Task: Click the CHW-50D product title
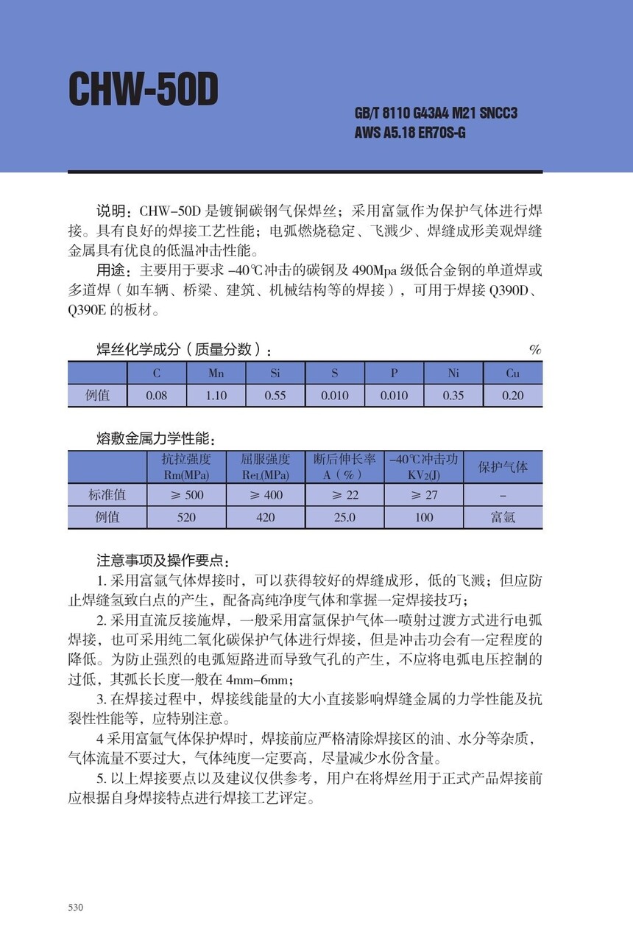pyautogui.click(x=144, y=91)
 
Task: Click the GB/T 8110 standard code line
pyautogui.click(x=436, y=113)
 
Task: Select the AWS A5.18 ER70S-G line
pyautogui.click(x=410, y=133)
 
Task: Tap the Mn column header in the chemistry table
pyautogui.click(x=216, y=373)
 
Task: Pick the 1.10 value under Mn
pyautogui.click(x=216, y=396)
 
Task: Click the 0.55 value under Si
pyautogui.click(x=275, y=396)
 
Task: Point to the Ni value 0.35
pyautogui.click(x=453, y=396)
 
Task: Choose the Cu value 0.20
pyautogui.click(x=512, y=396)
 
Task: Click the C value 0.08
pyautogui.click(x=156, y=396)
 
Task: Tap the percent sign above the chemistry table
pyautogui.click(x=535, y=350)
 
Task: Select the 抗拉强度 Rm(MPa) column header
pyautogui.click(x=186, y=467)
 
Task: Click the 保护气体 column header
pyautogui.click(x=503, y=467)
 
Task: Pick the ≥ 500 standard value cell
pyautogui.click(x=186, y=495)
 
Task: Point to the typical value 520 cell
pyautogui.click(x=186, y=517)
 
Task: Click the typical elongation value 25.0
pyautogui.click(x=344, y=517)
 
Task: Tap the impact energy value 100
pyautogui.click(x=424, y=517)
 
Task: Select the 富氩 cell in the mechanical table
pyautogui.click(x=503, y=517)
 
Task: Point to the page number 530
pyautogui.click(x=76, y=908)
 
